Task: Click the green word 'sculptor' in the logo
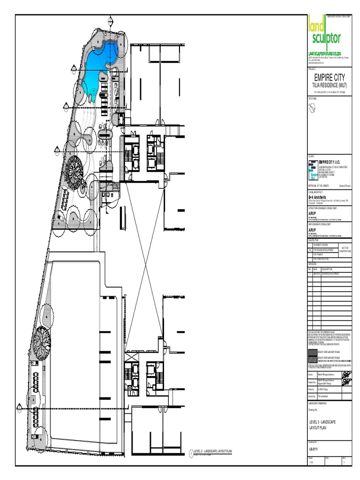pyautogui.click(x=324, y=37)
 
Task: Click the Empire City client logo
pyautogui.click(x=313, y=169)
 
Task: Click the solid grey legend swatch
pyautogui.click(x=312, y=352)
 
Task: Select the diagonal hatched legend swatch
pyautogui.click(x=312, y=359)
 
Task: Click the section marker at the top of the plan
pyautogui.click(x=111, y=20)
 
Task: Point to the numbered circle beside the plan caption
pyautogui.click(x=191, y=453)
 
